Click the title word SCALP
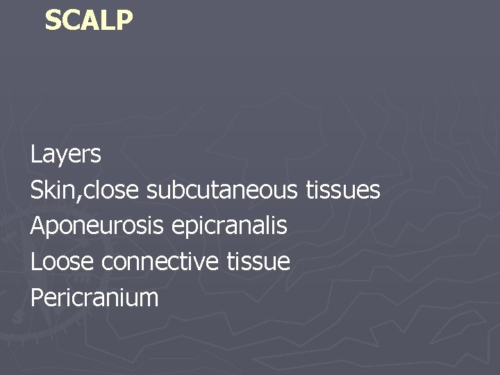tap(88, 20)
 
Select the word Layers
tap(66, 154)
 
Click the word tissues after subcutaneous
tap(343, 190)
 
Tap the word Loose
tap(62, 262)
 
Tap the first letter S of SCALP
tap(53, 20)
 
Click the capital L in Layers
tap(35, 153)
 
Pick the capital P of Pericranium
tap(37, 298)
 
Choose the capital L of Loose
tap(35, 262)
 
